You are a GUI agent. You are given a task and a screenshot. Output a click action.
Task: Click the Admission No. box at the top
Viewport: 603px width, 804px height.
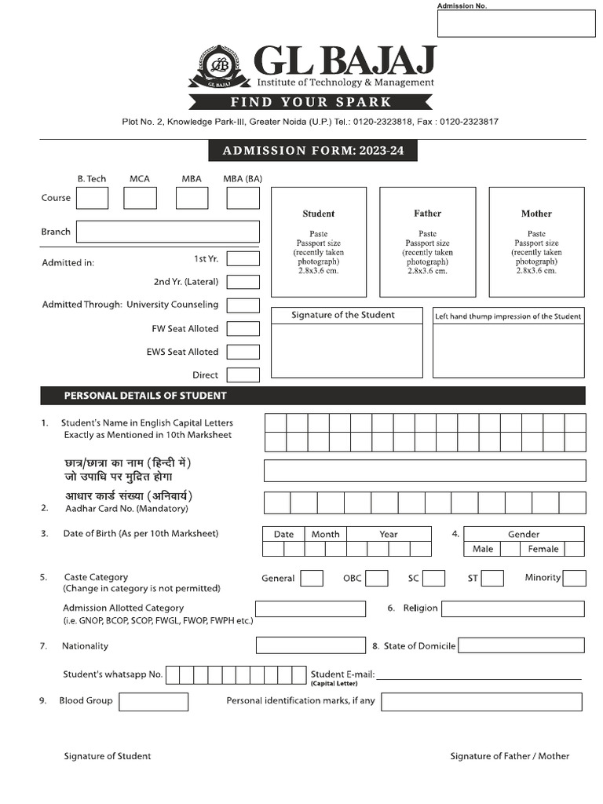tap(516, 24)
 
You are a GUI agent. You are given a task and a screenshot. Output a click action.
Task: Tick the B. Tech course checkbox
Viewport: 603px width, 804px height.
tap(92, 198)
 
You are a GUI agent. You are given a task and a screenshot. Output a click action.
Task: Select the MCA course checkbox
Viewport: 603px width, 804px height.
tap(140, 198)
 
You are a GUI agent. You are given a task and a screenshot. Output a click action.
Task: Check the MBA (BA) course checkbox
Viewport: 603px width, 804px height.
tap(243, 198)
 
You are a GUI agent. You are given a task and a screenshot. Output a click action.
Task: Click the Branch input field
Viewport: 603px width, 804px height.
tap(167, 232)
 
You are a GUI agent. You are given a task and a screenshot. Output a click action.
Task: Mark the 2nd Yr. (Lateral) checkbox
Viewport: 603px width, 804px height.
tap(243, 282)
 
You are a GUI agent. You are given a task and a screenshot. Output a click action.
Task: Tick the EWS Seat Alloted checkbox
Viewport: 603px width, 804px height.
tap(243, 352)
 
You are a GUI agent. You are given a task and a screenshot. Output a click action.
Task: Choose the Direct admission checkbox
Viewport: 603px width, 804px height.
tap(243, 375)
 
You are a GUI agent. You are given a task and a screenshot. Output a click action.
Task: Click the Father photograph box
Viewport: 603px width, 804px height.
tap(427, 242)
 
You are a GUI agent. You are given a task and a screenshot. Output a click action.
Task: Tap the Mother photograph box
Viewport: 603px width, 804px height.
tap(536, 242)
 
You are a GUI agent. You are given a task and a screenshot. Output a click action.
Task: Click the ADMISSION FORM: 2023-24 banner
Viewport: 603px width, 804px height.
tap(312, 151)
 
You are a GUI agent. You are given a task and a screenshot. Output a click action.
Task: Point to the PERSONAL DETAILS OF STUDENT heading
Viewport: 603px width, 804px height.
tap(145, 396)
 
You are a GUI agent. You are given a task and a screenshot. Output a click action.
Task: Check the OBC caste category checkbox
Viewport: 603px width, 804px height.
tap(377, 579)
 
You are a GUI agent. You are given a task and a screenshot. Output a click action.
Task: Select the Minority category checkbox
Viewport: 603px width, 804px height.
tap(574, 579)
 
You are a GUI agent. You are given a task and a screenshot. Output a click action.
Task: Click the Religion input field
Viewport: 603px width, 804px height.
tap(513, 608)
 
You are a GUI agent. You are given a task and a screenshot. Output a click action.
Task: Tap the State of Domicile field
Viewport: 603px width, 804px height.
tap(521, 645)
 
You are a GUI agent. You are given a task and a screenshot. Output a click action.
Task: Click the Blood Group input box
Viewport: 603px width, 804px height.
tap(153, 701)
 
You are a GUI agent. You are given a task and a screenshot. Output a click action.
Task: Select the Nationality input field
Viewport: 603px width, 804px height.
tap(310, 645)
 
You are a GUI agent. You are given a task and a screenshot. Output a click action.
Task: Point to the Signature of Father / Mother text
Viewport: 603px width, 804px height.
tap(510, 756)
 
